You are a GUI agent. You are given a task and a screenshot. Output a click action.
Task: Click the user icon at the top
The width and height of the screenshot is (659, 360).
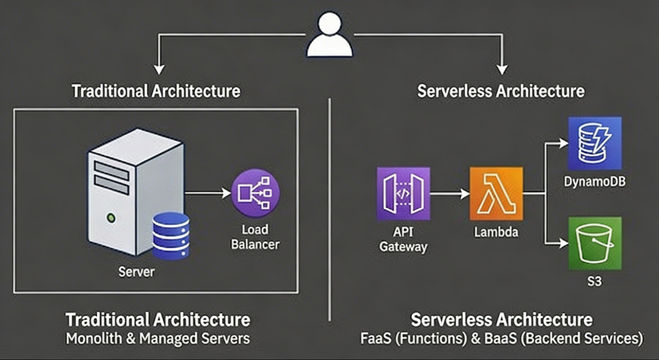tap(330, 35)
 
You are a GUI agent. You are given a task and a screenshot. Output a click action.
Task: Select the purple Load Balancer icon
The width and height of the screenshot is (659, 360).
tap(256, 193)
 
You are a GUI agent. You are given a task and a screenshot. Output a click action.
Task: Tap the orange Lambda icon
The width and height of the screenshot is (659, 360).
tap(496, 193)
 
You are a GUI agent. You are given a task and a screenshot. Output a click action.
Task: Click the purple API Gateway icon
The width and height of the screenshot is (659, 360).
tap(403, 193)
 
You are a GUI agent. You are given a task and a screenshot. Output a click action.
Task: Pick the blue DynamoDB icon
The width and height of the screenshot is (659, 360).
tap(595, 143)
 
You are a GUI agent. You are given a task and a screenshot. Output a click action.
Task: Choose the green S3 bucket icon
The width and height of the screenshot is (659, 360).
tap(595, 243)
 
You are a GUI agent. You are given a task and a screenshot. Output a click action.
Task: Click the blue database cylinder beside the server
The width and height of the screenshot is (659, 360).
tap(171, 236)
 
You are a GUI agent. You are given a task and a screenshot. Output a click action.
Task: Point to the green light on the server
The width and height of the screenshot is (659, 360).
tap(111, 218)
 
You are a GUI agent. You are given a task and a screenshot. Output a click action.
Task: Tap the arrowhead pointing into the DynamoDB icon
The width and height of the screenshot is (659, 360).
tap(563, 143)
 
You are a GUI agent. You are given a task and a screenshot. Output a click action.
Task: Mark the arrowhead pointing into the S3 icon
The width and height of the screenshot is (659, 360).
tap(563, 243)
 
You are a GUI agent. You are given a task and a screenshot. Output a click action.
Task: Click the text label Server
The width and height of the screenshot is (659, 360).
tap(136, 272)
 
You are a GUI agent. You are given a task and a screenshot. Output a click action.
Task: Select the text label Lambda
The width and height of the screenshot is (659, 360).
tap(496, 232)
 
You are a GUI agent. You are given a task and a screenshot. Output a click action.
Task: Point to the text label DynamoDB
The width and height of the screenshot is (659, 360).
tap(595, 181)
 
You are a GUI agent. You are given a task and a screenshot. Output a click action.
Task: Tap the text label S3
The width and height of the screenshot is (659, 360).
tap(594, 281)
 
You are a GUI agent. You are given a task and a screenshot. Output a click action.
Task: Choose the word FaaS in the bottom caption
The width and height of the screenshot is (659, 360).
tap(376, 338)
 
